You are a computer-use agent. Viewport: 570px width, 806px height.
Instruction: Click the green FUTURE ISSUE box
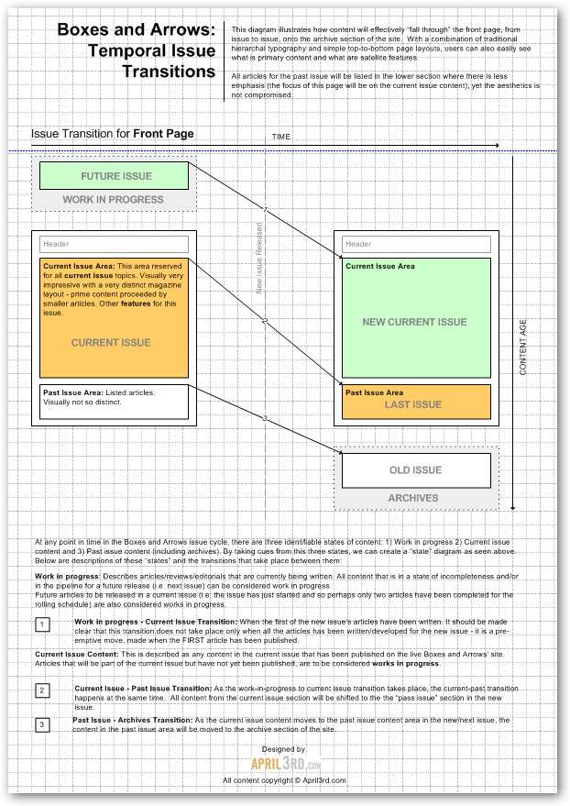pyautogui.click(x=114, y=175)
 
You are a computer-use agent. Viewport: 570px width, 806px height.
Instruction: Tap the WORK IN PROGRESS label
pyautogui.click(x=114, y=199)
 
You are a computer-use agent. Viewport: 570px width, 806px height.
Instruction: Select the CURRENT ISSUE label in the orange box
pyautogui.click(x=111, y=342)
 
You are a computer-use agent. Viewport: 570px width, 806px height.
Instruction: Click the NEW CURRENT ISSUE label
pyautogui.click(x=414, y=322)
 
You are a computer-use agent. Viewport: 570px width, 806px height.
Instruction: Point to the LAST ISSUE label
pyautogui.click(x=413, y=404)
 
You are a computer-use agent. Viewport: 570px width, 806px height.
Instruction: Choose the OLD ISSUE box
pyautogui.click(x=416, y=470)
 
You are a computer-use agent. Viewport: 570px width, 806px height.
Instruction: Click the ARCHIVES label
pyautogui.click(x=413, y=499)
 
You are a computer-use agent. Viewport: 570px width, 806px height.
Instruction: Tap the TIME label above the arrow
pyautogui.click(x=281, y=137)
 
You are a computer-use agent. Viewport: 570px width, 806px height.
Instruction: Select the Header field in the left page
pyautogui.click(x=114, y=244)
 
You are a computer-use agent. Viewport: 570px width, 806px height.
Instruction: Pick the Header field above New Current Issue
pyautogui.click(x=416, y=244)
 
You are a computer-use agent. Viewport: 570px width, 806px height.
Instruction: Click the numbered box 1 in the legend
pyautogui.click(x=42, y=624)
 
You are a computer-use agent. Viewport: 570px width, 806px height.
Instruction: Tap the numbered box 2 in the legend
pyautogui.click(x=42, y=690)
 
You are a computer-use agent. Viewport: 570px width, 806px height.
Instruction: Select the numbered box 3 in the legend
pyautogui.click(x=42, y=725)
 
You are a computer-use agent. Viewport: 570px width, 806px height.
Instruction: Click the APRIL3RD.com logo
pyautogui.click(x=272, y=763)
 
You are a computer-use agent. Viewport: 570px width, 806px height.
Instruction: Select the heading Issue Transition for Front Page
pyautogui.click(x=112, y=134)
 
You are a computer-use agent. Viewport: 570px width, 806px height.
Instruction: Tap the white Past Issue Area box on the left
pyautogui.click(x=114, y=402)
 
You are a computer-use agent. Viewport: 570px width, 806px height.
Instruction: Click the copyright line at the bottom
pyautogui.click(x=271, y=780)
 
